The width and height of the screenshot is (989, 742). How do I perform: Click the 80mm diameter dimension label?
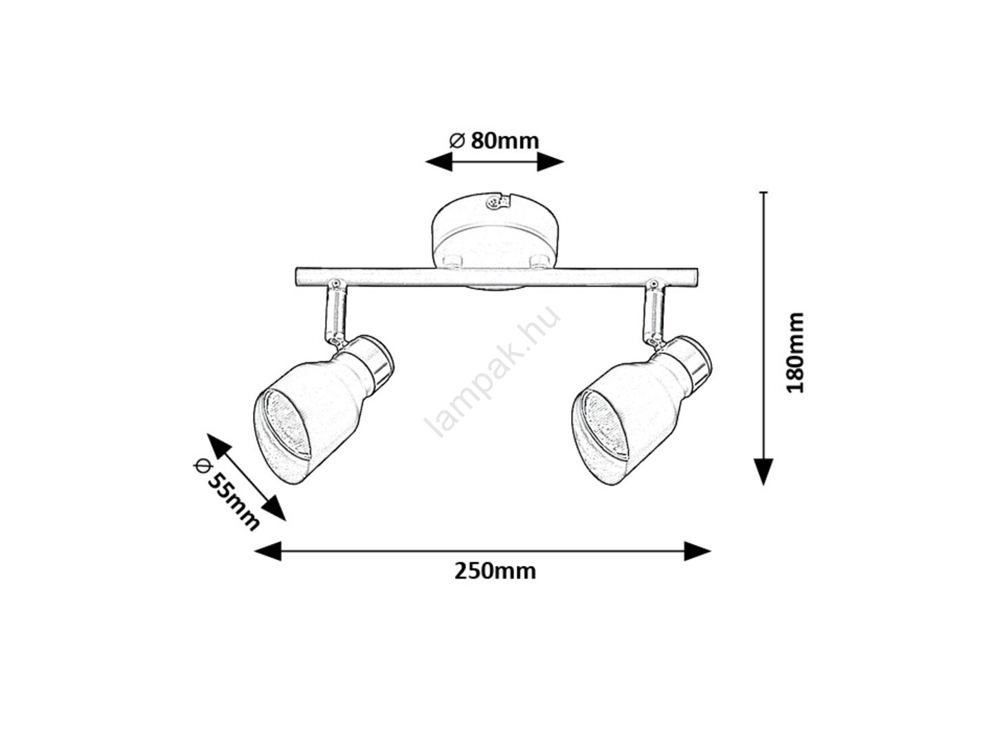point(494,141)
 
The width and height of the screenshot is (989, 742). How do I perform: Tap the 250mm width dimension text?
point(495,572)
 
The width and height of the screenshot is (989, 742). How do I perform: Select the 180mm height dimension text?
point(794,352)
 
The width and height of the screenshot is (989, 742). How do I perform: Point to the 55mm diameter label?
point(226,495)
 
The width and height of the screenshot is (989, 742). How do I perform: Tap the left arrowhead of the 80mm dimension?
point(438,161)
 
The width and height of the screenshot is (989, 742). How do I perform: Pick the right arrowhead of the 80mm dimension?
point(550,161)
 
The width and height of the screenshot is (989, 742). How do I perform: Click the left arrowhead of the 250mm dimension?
point(268,551)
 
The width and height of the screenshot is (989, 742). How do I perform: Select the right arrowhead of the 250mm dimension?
point(697,551)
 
